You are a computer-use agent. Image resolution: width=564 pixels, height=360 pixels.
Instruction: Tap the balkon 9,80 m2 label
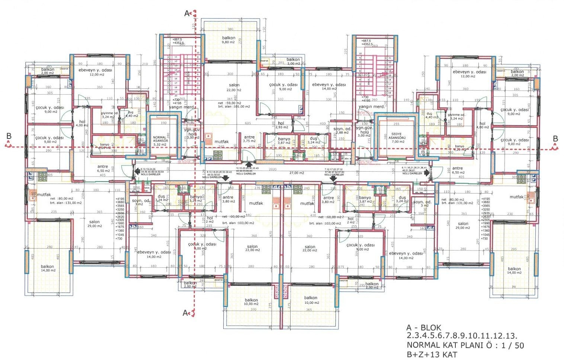pos(228,40)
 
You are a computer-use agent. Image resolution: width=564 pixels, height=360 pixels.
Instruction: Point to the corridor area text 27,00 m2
pos(297,173)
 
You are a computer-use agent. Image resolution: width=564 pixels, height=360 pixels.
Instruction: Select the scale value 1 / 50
pos(513,345)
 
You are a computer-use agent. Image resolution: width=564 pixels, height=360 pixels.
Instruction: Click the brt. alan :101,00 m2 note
pos(234,106)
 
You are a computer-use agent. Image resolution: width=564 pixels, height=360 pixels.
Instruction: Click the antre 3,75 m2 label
pos(249,139)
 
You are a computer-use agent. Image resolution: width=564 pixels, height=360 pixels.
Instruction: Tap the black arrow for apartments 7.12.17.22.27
pos(334,179)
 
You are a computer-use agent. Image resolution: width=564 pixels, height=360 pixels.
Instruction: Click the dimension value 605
pos(248,123)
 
